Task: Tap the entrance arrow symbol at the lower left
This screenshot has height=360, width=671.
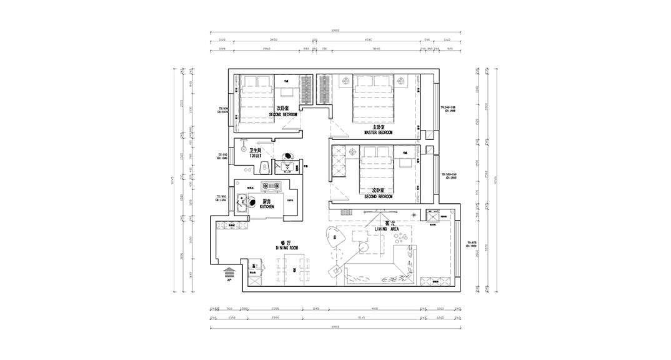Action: (229, 273)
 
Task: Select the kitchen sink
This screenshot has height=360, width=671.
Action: (242, 201)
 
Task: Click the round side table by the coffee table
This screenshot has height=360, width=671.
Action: (335, 271)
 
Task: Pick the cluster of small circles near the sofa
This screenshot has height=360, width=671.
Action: (403, 238)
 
